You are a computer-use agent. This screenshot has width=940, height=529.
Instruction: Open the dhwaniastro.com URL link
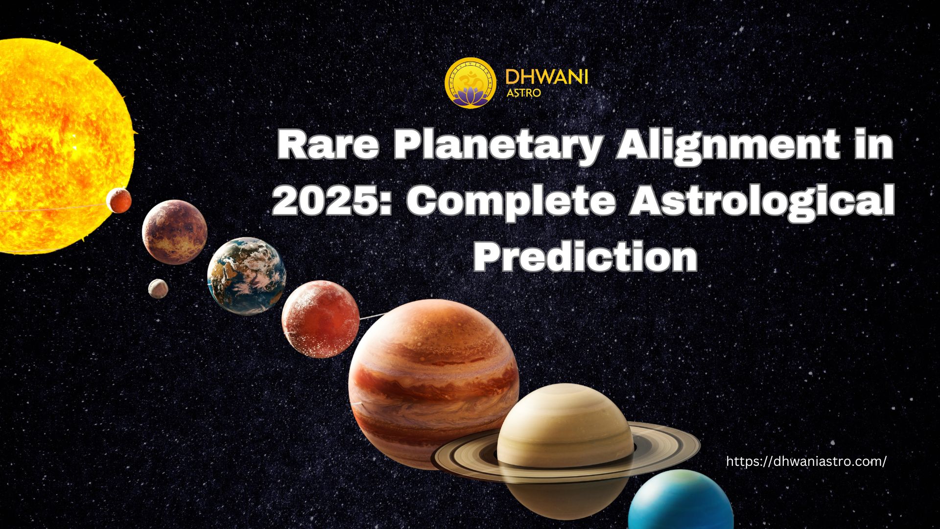click(806, 461)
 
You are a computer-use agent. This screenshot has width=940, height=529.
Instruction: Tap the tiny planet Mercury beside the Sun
click(119, 200)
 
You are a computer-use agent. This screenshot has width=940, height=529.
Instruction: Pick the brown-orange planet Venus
click(175, 232)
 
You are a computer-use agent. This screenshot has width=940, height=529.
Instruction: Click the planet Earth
click(247, 276)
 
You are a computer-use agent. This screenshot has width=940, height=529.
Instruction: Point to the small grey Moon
click(158, 289)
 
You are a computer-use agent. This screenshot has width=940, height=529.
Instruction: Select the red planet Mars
click(321, 319)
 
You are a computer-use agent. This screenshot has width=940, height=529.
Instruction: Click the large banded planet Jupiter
click(434, 385)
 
